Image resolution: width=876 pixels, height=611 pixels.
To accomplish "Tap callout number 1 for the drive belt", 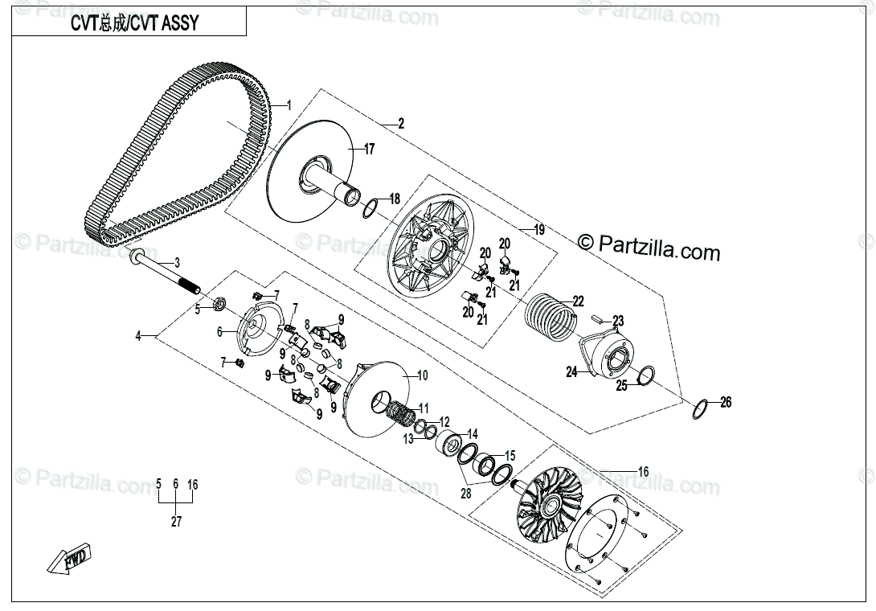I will (289, 106).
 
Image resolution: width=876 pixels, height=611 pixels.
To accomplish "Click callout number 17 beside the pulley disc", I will (369, 149).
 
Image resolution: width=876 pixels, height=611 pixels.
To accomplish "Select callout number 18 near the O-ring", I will (395, 199).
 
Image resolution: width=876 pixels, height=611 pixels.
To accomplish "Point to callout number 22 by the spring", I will (578, 301).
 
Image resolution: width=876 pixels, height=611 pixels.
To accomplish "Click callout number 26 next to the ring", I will (726, 403).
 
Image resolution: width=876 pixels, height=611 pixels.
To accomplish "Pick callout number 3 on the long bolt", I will (178, 263).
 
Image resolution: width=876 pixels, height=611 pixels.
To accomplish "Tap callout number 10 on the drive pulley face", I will (423, 375).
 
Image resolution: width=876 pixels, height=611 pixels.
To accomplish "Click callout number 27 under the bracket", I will (176, 522).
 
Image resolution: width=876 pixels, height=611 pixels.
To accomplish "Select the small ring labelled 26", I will (700, 409).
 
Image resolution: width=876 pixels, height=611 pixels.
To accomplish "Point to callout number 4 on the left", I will (137, 336).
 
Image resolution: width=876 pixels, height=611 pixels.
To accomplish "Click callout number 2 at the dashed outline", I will (401, 124).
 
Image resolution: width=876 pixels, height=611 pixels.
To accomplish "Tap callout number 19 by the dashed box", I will (539, 230).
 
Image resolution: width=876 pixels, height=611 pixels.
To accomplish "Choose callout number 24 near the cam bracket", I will (571, 372).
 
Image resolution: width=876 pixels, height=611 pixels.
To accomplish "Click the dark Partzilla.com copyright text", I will (649, 248).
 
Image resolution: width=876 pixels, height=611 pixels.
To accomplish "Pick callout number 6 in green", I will (219, 331).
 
